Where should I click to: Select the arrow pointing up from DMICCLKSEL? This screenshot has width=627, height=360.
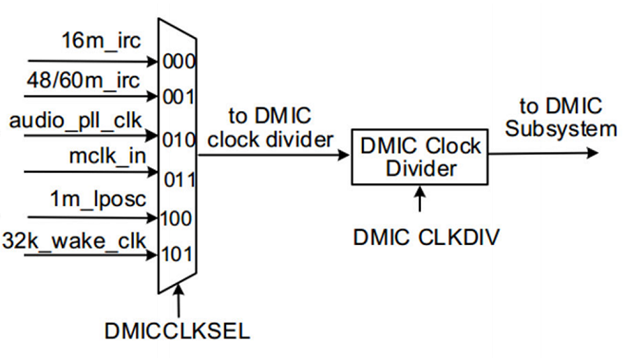(x=180, y=303)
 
